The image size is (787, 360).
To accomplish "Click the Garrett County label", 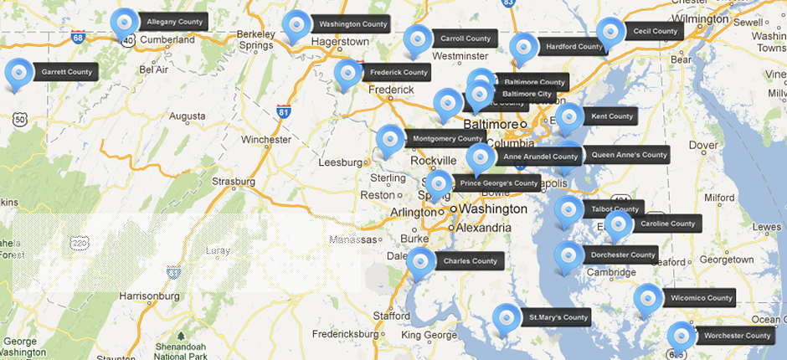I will pos(66,72).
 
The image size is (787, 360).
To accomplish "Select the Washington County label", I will pos(352,24).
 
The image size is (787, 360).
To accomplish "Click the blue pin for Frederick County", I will pos(347,74).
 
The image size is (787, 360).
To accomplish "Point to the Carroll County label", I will pos(465,39).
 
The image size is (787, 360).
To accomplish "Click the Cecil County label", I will pos(655,31).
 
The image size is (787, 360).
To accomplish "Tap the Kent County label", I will pos(611,116).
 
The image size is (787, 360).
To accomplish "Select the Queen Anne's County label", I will pos(629,155).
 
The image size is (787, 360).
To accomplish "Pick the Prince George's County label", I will pos(498,183).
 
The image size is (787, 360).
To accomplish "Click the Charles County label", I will pos(470,261).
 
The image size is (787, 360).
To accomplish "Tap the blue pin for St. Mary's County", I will pos(506,318).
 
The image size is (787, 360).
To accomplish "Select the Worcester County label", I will pos(737,336).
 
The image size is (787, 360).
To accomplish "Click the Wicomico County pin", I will pos(647,299).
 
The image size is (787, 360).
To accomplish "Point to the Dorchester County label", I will pos(622,255).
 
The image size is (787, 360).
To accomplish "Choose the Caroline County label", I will pos(667,224).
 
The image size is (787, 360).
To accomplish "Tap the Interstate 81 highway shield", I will pos(284,111).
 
